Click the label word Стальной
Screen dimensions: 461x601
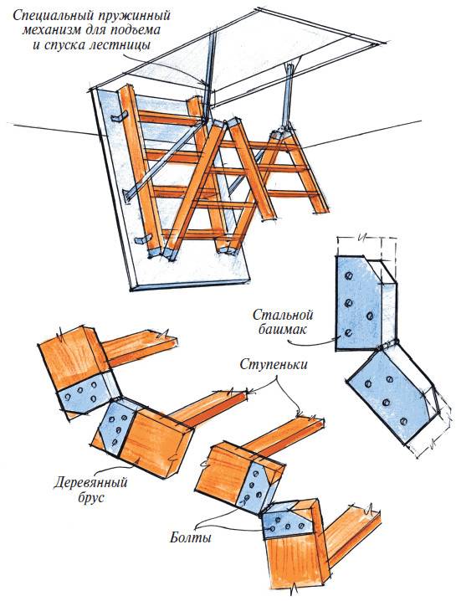click(x=283, y=315)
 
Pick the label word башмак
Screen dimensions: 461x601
click(x=282, y=329)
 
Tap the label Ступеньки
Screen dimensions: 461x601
click(x=274, y=364)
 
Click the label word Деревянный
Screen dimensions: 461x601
click(x=90, y=482)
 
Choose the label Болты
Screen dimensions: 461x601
click(x=191, y=537)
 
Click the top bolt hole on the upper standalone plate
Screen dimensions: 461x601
click(x=349, y=275)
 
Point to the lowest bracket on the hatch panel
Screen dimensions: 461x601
click(x=141, y=240)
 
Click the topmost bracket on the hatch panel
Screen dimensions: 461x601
click(x=119, y=117)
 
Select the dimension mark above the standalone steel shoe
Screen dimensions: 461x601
click(x=360, y=238)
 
